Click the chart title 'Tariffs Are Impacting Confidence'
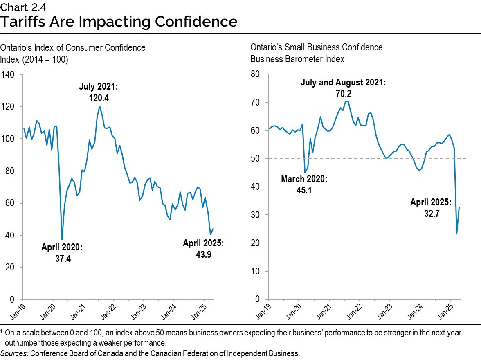[x=119, y=21]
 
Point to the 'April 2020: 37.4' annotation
[x=62, y=253]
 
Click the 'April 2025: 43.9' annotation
[x=203, y=248]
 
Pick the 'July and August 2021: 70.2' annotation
[x=343, y=88]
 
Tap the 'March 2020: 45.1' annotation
[x=304, y=184]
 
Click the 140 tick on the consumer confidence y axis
[x=8, y=75]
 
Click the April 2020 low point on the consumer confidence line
[x=62, y=239]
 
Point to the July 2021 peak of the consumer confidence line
[x=99, y=106]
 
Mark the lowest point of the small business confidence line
[x=456, y=234]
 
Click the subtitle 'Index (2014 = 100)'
[x=34, y=59]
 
